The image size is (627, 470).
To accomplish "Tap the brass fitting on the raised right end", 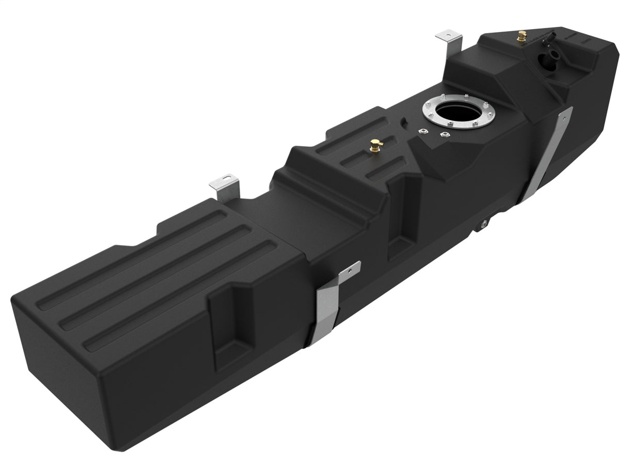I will click(521, 37).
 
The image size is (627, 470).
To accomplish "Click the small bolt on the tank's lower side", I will click(484, 223).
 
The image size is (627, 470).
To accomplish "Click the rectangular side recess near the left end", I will click(231, 330).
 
